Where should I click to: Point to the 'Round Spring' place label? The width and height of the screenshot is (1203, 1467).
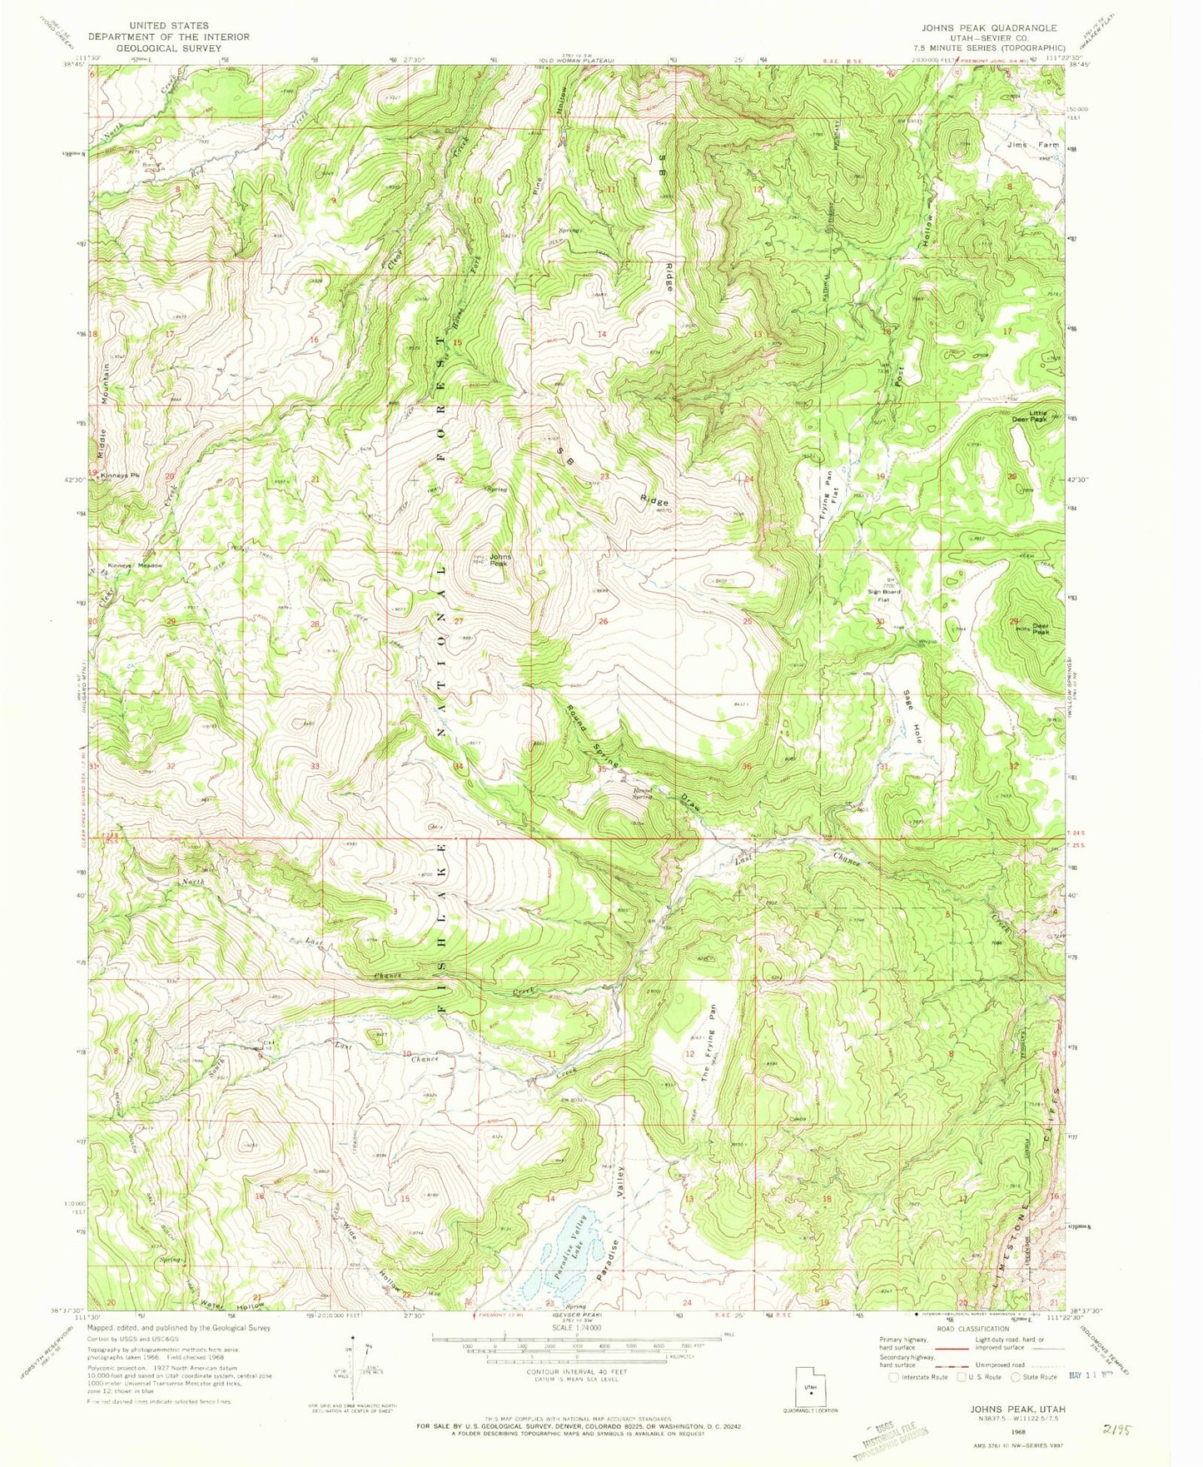[x=643, y=793]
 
